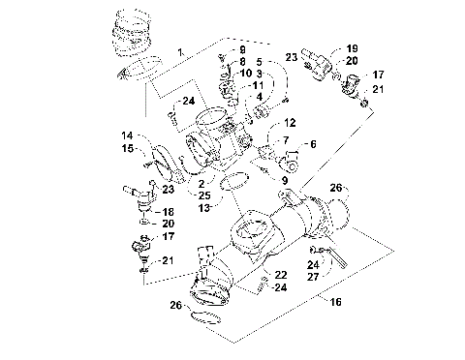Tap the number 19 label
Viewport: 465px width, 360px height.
coord(352,47)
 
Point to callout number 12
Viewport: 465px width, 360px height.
coord(290,123)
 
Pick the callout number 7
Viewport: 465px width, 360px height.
coord(287,142)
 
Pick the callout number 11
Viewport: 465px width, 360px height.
coord(258,85)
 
